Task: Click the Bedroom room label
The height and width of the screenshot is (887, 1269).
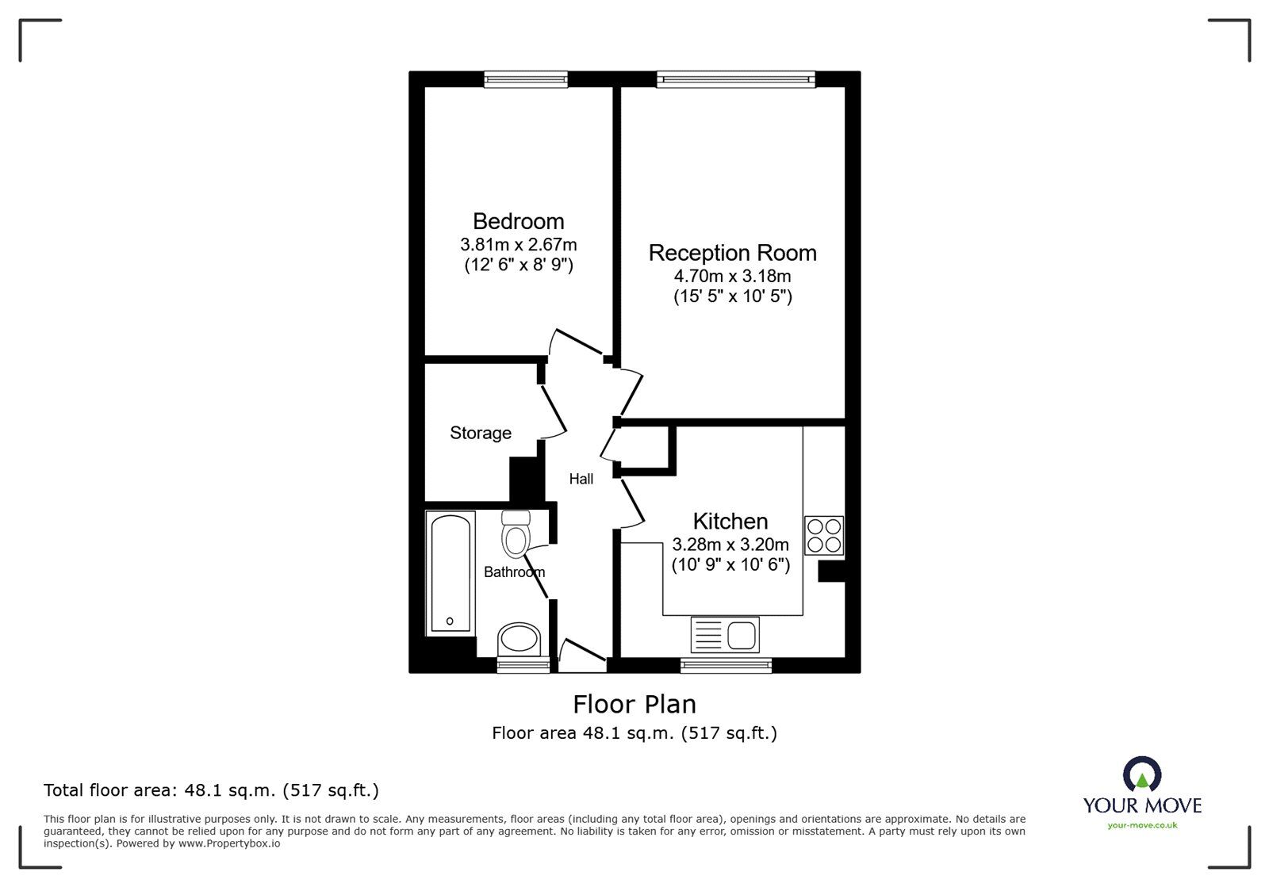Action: [519, 221]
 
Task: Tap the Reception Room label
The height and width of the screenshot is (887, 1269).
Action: [733, 253]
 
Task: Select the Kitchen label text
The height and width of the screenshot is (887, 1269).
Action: [730, 522]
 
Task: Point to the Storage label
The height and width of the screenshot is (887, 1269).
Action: [481, 433]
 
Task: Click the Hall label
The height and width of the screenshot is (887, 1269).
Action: [581, 479]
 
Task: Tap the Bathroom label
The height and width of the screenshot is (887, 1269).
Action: [515, 572]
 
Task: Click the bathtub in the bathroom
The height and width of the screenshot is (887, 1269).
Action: [450, 573]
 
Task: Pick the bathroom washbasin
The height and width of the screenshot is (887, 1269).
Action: [519, 640]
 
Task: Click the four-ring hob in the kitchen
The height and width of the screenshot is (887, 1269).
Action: [824, 536]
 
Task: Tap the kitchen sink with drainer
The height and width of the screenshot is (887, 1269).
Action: [725, 635]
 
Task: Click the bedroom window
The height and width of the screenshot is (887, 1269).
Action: [526, 79]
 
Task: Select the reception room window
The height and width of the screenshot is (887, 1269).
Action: [736, 79]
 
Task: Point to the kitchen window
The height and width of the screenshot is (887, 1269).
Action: [726, 665]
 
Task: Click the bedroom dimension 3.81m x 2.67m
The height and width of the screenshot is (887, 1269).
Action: [519, 245]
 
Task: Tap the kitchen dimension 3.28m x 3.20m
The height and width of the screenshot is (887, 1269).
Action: [730, 545]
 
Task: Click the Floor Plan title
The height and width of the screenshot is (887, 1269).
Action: [634, 705]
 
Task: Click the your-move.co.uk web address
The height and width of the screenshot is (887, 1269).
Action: [1143, 825]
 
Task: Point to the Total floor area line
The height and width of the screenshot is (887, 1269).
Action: [211, 790]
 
